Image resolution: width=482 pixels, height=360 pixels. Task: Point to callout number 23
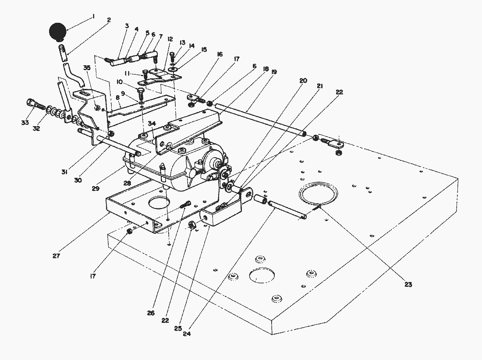408,284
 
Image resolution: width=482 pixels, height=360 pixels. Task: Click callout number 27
56,256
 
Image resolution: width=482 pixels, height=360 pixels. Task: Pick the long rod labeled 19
259,119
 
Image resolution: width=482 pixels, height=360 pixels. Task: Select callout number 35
87,68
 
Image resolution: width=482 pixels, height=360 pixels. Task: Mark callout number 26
151,313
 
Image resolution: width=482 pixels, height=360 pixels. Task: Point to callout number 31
65,172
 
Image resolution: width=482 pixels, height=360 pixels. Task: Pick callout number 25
177,328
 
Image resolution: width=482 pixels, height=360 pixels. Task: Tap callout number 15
204,49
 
